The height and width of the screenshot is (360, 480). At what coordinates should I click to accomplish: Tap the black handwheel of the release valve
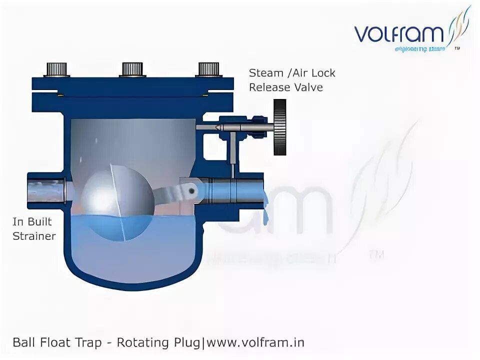(280, 127)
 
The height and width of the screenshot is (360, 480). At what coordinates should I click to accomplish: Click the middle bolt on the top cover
(132, 69)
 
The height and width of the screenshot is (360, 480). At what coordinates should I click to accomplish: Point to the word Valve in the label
(308, 87)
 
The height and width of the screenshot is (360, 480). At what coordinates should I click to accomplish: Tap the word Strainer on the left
(34, 236)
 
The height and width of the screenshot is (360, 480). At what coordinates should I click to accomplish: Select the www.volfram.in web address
(255, 342)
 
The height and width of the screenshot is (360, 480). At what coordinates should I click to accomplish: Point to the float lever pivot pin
(189, 190)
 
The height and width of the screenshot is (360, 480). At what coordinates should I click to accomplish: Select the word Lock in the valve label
(322, 73)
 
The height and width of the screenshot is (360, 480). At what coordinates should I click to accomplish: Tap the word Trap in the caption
(94, 342)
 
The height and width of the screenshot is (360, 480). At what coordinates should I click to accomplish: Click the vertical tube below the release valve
(233, 153)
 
